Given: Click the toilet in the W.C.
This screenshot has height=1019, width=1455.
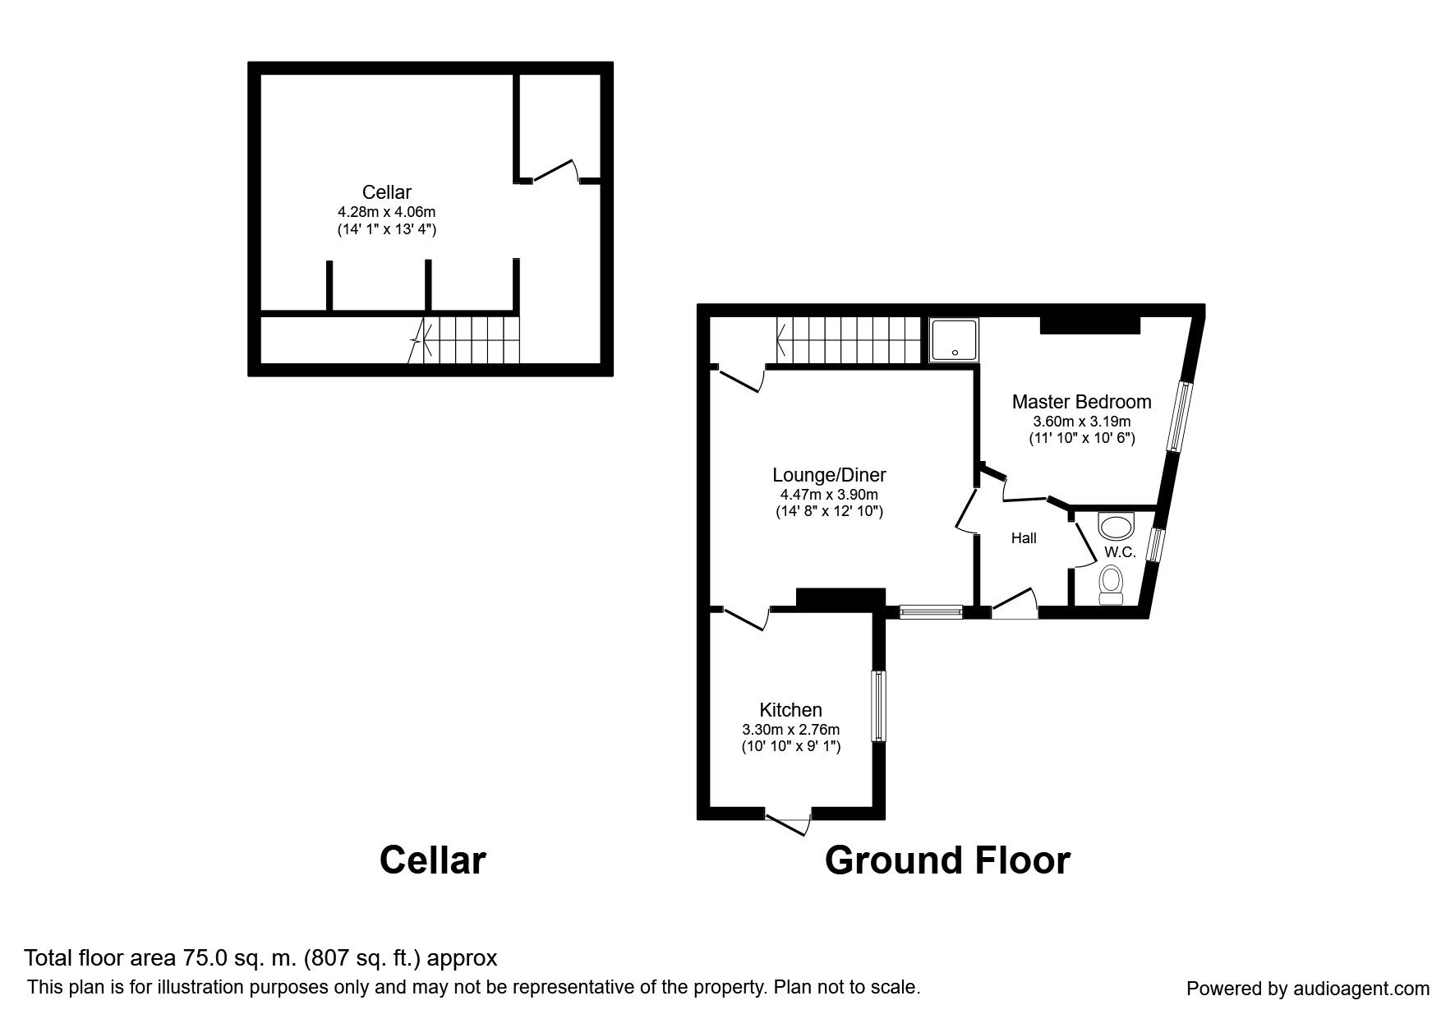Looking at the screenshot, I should tap(1112, 584).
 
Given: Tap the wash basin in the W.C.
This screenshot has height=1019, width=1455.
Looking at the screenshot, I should tap(1116, 524).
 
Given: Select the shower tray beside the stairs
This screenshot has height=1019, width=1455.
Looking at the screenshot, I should tap(953, 340).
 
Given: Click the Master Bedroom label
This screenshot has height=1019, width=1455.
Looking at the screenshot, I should tap(1081, 402).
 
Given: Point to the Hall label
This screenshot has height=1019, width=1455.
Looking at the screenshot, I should tap(1024, 538).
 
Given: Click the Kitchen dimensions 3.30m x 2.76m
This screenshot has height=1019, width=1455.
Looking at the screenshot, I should tap(790, 729).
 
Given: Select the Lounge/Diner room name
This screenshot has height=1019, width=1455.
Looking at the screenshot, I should tap(829, 474).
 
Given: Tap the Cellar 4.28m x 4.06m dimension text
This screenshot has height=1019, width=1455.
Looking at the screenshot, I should tap(386, 212).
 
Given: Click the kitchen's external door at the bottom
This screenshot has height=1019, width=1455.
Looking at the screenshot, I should tap(789, 821).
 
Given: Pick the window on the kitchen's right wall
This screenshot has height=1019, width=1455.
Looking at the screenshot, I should tap(880, 706).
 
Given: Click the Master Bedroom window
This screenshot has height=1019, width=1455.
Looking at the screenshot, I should tap(1180, 416).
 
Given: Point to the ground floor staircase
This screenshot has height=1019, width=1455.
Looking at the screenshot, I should tap(846, 341).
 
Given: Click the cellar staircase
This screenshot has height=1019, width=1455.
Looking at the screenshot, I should tap(468, 340).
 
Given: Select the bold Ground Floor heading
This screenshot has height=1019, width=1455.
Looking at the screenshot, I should tap(946, 860).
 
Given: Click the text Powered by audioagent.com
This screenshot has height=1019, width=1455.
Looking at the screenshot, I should tap(1307, 989).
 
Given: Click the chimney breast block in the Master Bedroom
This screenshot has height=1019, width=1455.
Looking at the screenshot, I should tap(1089, 325).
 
